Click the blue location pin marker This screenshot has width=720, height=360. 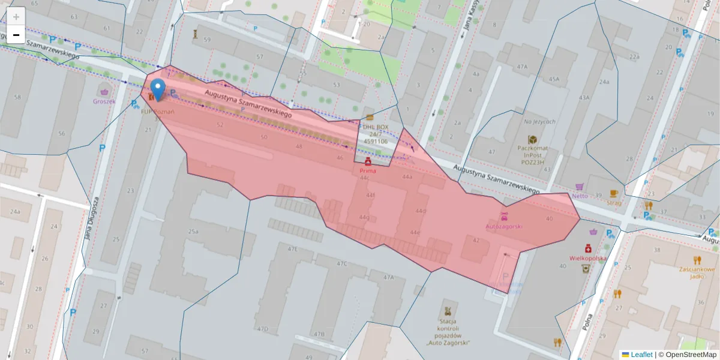click(158, 89)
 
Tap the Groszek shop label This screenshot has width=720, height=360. click(104, 101)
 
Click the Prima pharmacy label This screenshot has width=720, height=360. click(368, 170)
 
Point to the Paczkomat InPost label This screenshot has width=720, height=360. click(532, 154)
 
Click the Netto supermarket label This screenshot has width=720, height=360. click(580, 195)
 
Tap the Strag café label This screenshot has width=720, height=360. click(614, 202)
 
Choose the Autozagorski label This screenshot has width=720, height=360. click(503, 226)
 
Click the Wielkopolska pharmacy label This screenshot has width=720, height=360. click(588, 258)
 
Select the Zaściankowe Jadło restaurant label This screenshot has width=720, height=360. click(697, 272)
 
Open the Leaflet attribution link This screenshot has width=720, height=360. click(641, 355)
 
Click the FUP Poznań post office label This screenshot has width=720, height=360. click(157, 112)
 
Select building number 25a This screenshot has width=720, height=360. click(193, 231)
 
